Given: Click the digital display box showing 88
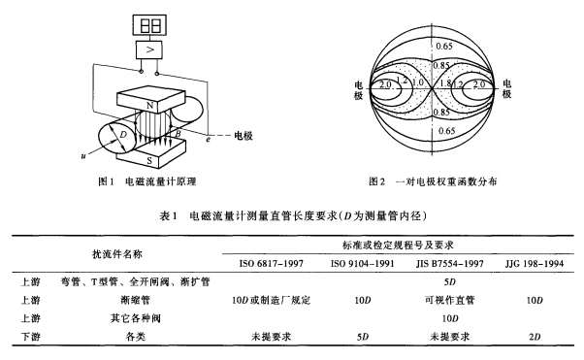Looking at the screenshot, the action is [149, 24].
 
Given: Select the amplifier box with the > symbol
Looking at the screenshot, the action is [149, 49].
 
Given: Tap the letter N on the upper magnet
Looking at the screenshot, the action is [150, 106].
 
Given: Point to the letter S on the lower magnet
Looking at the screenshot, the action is [149, 161].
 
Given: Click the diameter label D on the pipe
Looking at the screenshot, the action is [123, 134].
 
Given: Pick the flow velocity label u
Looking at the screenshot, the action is [83, 156].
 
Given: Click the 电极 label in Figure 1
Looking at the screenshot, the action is [243, 136].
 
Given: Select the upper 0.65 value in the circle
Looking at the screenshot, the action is [444, 47].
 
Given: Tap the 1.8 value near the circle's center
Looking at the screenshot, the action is [445, 83].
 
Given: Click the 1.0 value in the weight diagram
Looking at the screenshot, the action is [418, 82].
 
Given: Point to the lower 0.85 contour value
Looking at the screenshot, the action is [441, 112].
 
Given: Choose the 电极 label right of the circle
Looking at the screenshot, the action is [506, 88].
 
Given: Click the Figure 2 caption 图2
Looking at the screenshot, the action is [376, 181].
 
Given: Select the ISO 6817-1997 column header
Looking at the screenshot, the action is [272, 264].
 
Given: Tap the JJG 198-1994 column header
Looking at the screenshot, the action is [535, 264].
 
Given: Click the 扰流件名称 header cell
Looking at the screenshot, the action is [117, 254].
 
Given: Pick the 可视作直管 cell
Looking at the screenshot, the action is [449, 300].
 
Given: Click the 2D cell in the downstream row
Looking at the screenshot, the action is [535, 337].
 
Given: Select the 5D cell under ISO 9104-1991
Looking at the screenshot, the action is [363, 337].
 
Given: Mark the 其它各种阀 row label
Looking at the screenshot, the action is [136, 318].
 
